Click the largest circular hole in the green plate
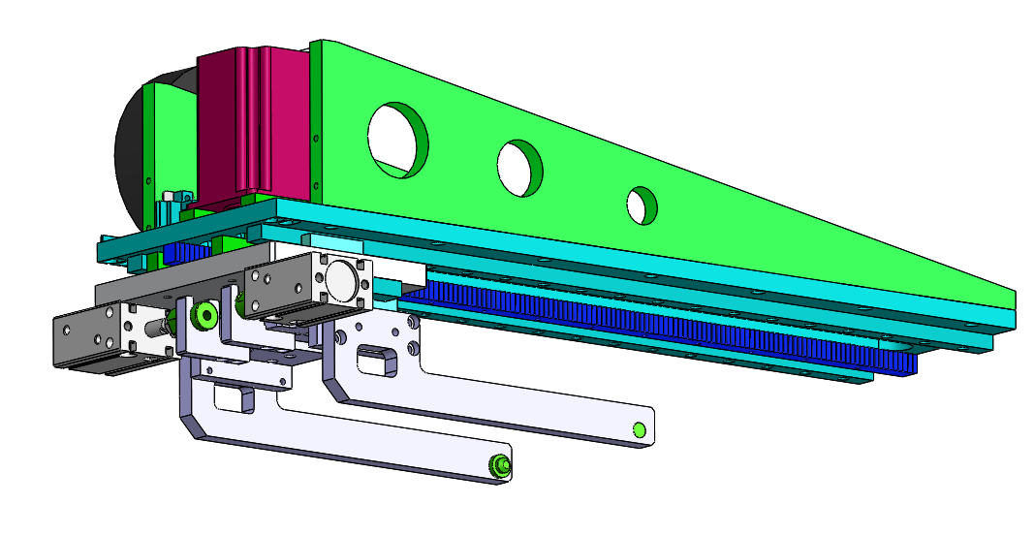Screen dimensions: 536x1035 coord(396,140)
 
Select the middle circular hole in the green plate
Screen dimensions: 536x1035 coord(520,168)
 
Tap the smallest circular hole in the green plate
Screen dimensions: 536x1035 coord(641,204)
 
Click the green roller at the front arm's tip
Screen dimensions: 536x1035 coord(499,466)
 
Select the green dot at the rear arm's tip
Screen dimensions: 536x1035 coord(638,430)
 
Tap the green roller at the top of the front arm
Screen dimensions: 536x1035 coord(204,316)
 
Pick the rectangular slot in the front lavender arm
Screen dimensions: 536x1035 coord(231,397)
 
